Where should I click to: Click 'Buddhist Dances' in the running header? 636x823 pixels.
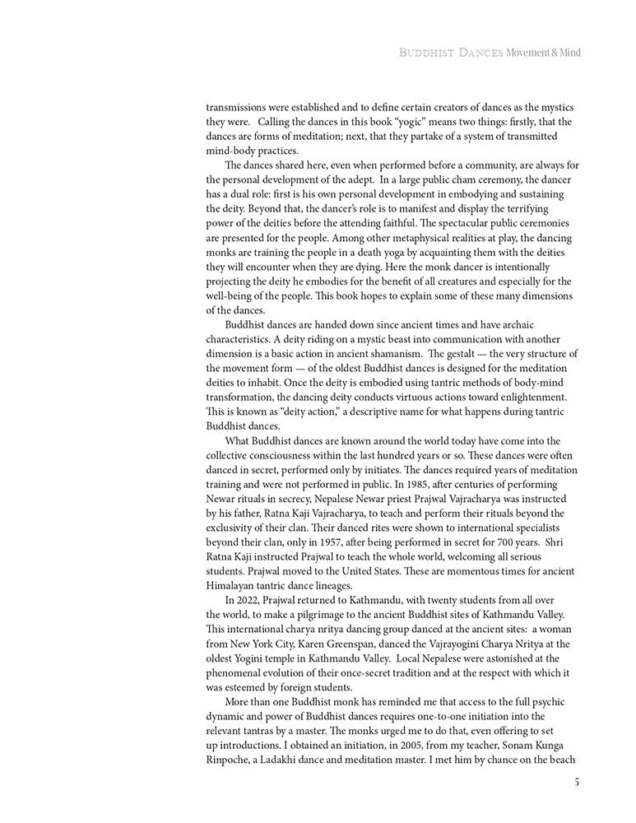point(451,53)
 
